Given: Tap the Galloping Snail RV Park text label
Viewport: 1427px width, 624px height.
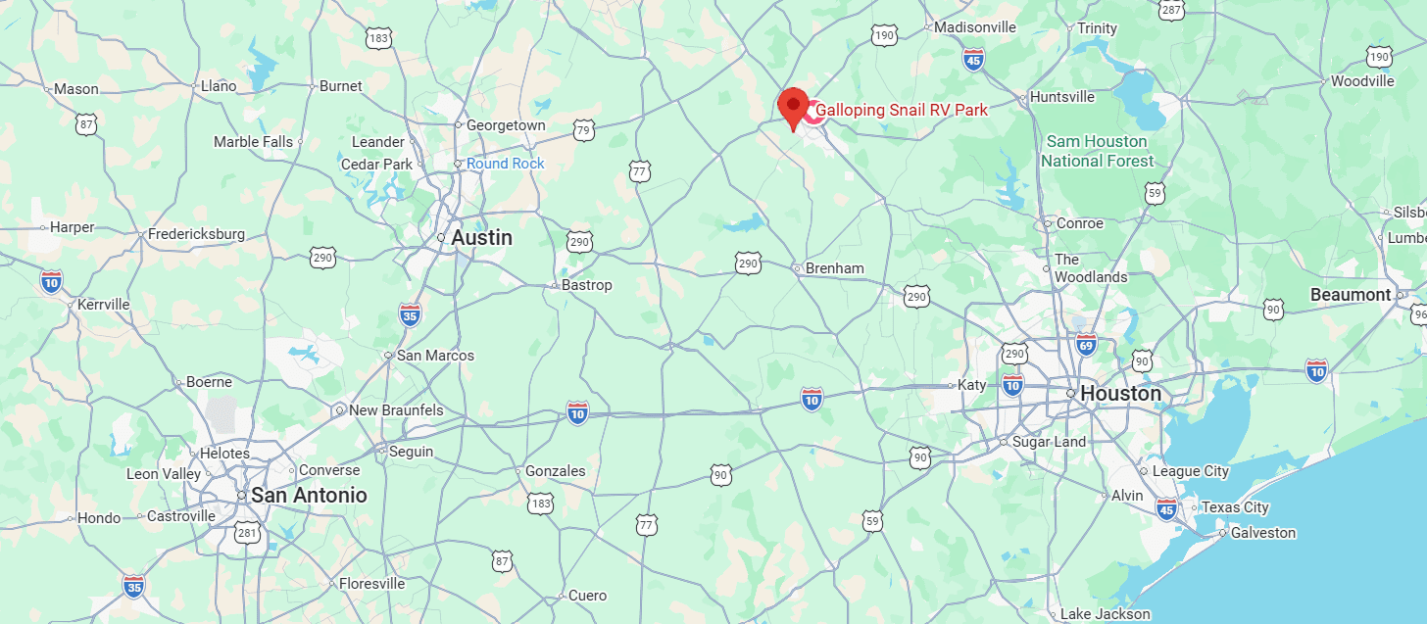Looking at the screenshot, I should click(x=902, y=110).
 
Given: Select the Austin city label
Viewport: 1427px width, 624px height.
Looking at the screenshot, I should click(x=481, y=238).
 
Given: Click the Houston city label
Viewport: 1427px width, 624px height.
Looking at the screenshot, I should click(x=1120, y=393).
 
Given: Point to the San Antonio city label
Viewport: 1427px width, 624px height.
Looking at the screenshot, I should click(x=309, y=495).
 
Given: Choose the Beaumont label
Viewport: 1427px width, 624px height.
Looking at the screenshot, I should click(x=1351, y=294).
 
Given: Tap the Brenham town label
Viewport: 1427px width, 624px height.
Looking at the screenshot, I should click(x=834, y=267).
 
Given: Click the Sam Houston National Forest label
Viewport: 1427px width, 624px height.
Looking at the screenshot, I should click(x=1097, y=151).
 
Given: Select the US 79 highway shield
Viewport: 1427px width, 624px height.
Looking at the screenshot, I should click(x=583, y=130).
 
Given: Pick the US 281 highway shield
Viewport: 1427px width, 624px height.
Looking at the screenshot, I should click(x=248, y=533).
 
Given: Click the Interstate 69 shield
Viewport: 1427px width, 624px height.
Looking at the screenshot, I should click(x=1085, y=344).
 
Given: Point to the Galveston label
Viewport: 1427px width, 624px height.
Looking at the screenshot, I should click(x=1263, y=533).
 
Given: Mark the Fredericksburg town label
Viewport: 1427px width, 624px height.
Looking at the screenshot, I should click(x=196, y=234).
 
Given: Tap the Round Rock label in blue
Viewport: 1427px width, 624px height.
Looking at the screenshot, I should click(x=505, y=164).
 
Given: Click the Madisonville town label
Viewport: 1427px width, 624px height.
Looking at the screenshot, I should click(x=974, y=27).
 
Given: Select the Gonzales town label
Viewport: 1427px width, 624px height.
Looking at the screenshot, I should click(x=555, y=471).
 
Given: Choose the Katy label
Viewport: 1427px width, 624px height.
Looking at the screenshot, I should click(x=971, y=385).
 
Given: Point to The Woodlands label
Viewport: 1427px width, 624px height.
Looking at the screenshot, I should click(x=1090, y=268).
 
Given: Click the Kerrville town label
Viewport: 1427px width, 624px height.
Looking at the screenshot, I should click(x=103, y=304).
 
